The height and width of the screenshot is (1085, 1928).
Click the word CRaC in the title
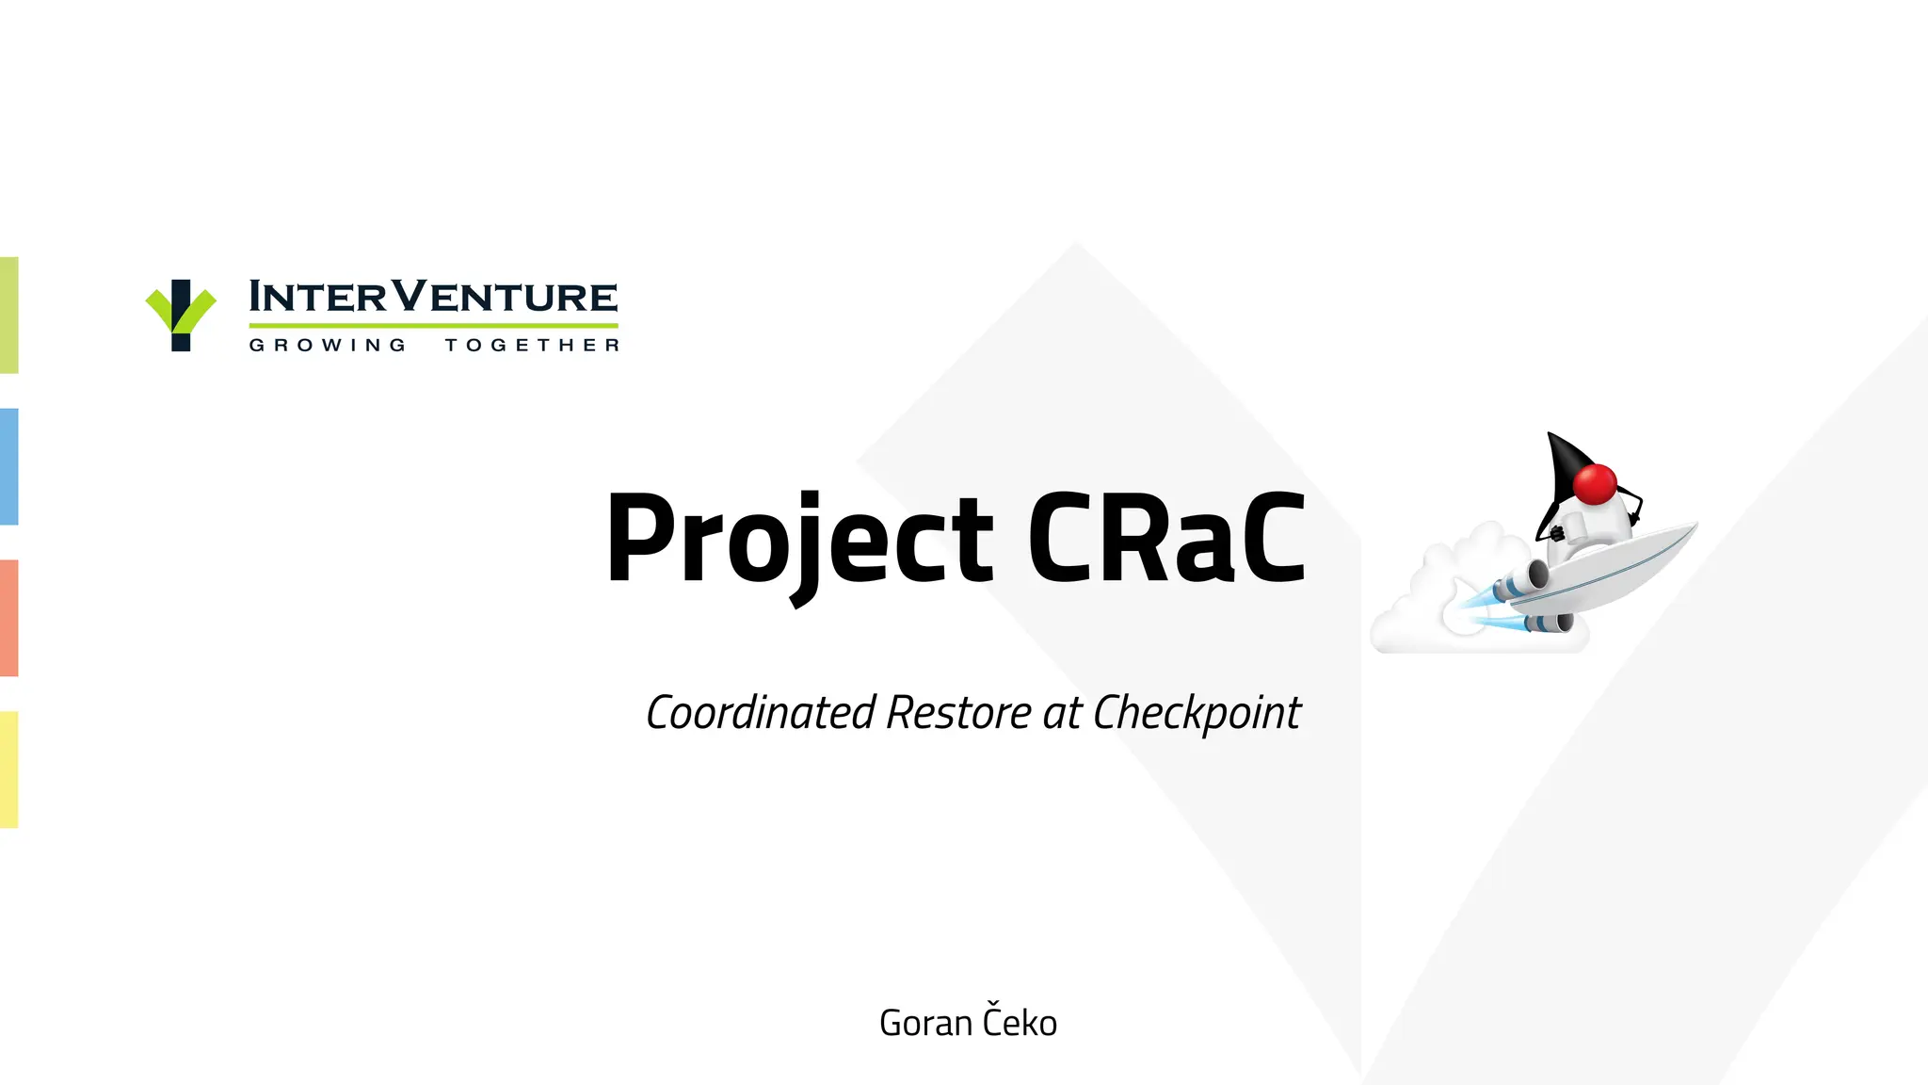click(x=1165, y=540)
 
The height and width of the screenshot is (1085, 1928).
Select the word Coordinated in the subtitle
click(x=761, y=713)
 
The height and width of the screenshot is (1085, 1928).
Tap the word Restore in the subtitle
click(x=958, y=713)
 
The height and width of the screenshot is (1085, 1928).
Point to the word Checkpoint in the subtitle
click(x=1197, y=714)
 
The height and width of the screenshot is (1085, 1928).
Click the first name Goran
click(x=924, y=1023)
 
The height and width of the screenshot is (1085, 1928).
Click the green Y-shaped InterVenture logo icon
click(x=181, y=315)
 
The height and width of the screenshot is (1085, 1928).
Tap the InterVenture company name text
click(x=433, y=298)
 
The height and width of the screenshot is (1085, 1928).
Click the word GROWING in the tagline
click(x=328, y=346)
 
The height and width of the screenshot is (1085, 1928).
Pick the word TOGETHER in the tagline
click(x=532, y=346)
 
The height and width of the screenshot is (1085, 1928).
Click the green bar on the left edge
click(x=8, y=315)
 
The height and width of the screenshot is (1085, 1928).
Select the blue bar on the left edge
click(x=8, y=466)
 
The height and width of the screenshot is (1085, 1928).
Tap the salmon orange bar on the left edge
click(x=8, y=618)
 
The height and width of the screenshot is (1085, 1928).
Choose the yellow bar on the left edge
click(x=8, y=769)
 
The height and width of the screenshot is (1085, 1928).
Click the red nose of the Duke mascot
click(x=1595, y=484)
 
